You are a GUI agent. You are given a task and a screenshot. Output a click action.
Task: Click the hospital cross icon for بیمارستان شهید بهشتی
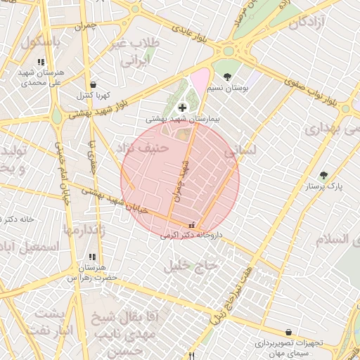[183, 108]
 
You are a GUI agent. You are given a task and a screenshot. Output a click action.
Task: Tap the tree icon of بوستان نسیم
[226, 77]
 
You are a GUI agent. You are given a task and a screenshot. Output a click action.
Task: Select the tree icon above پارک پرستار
[323, 175]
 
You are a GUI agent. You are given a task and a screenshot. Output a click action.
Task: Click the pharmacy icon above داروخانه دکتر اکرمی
[192, 226]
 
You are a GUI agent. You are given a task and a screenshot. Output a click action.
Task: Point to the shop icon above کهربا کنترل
[94, 84]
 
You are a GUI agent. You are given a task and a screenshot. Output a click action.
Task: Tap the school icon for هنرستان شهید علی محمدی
[49, 62]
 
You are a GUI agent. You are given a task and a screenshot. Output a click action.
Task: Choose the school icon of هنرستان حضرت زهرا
[92, 257]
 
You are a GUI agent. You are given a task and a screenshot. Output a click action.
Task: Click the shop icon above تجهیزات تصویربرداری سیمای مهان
[288, 332]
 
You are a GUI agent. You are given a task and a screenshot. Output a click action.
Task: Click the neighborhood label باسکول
[41, 41]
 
